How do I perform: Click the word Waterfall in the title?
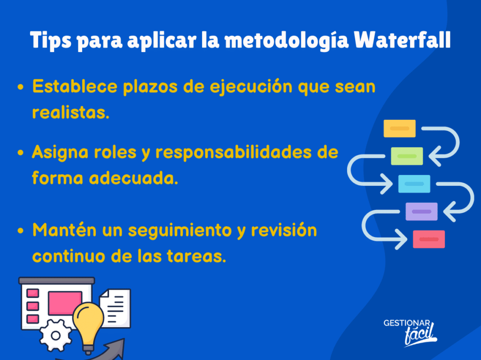(402, 39)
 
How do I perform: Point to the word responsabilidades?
(233, 152)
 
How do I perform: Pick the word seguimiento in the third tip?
(180, 230)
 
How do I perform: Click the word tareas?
(196, 256)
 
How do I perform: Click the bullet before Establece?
(21, 87)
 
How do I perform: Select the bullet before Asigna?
(21, 153)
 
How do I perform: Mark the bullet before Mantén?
(21, 230)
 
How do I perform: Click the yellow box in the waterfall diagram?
(399, 129)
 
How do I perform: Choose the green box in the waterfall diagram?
(407, 156)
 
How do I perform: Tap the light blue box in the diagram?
(414, 184)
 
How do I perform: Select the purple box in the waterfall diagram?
(421, 211)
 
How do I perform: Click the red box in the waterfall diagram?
(429, 239)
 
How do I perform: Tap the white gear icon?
(55, 336)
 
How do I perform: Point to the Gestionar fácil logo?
(410, 333)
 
